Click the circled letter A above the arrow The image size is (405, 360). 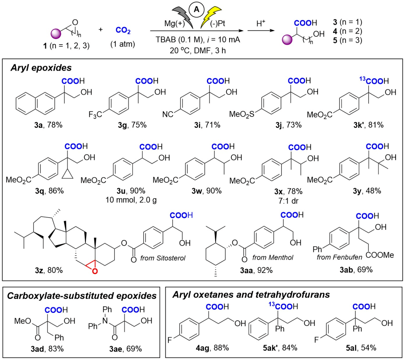[196, 9]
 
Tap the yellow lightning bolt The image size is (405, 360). [210, 17]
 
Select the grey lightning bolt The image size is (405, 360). [183, 17]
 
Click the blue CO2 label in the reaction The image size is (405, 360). [123, 30]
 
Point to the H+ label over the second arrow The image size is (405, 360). [261, 23]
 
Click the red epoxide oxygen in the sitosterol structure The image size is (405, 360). [94, 271]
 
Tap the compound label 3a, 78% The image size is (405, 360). [48, 125]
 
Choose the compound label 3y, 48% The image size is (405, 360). [367, 191]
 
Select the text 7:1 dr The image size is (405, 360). [288, 201]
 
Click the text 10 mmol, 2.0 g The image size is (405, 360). [131, 200]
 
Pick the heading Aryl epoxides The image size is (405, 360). [41, 68]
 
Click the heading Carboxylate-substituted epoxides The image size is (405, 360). [82, 296]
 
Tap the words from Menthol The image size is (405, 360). [273, 258]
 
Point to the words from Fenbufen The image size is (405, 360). [340, 257]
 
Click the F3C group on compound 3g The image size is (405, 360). [95, 114]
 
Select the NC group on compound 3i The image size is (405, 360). [168, 114]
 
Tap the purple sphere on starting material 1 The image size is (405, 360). [56, 34]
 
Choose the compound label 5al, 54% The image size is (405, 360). [361, 348]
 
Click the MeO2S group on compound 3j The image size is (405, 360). [242, 114]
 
